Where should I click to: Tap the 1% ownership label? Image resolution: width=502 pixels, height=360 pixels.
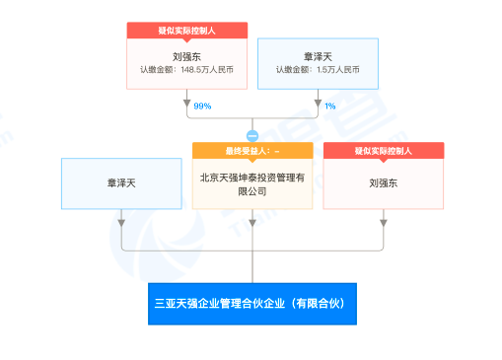(x=329, y=106)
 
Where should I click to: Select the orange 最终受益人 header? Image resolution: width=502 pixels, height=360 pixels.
(x=252, y=151)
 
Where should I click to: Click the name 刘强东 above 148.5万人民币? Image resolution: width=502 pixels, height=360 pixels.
(x=186, y=55)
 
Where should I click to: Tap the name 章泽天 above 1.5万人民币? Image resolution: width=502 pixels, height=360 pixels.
(x=317, y=55)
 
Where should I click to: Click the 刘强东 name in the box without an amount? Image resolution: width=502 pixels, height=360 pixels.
(x=384, y=182)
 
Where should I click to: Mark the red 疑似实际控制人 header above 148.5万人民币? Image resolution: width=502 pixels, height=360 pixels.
(x=186, y=31)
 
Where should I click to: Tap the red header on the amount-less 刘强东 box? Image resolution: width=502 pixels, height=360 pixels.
(x=384, y=151)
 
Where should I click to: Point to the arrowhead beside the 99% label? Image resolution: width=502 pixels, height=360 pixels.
(x=186, y=104)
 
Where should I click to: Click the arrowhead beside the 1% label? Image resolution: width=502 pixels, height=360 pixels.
(x=317, y=104)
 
